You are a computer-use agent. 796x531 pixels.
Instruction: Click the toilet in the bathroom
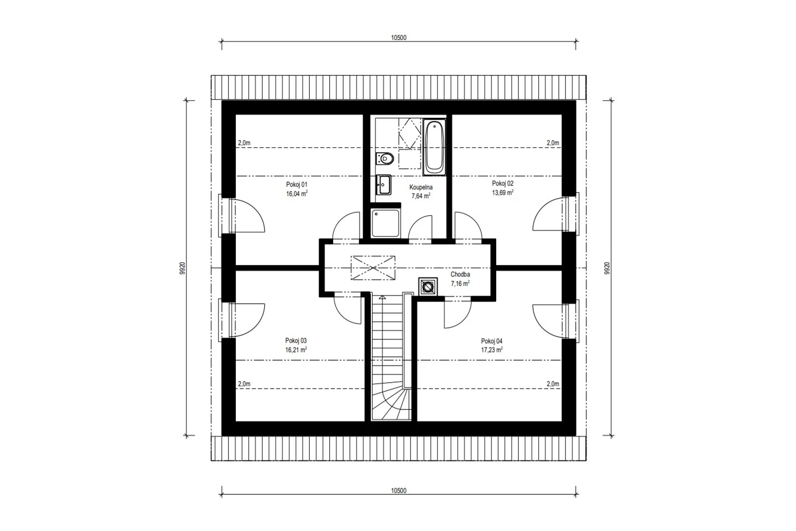click(x=385, y=158)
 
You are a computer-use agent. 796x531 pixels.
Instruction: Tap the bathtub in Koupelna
click(x=434, y=147)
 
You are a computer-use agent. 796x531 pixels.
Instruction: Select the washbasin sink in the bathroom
click(x=384, y=184)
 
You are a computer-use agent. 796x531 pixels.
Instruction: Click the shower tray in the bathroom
click(x=385, y=223)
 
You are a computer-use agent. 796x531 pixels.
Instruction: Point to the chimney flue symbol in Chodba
click(x=428, y=286)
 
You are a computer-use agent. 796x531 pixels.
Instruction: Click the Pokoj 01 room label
click(x=297, y=184)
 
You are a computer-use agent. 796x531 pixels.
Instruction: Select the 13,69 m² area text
click(x=502, y=192)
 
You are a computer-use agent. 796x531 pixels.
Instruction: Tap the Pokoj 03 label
click(x=296, y=340)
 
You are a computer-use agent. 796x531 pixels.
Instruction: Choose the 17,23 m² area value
click(x=492, y=350)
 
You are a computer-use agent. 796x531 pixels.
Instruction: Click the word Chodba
click(x=460, y=274)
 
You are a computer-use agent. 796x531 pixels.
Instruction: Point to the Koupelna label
click(x=421, y=187)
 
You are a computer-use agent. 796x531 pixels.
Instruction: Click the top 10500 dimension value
click(x=399, y=38)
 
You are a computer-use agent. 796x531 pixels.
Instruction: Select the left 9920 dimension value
click(x=182, y=268)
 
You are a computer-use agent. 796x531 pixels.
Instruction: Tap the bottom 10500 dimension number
click(x=399, y=491)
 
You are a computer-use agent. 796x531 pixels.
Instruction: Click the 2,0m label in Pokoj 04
click(x=553, y=384)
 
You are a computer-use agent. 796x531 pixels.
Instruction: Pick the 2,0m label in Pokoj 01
click(x=244, y=143)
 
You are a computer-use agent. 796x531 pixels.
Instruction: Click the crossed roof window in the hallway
click(x=373, y=268)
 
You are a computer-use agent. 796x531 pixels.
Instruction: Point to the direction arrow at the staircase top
click(x=382, y=297)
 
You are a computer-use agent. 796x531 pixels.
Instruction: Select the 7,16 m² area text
click(x=460, y=284)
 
